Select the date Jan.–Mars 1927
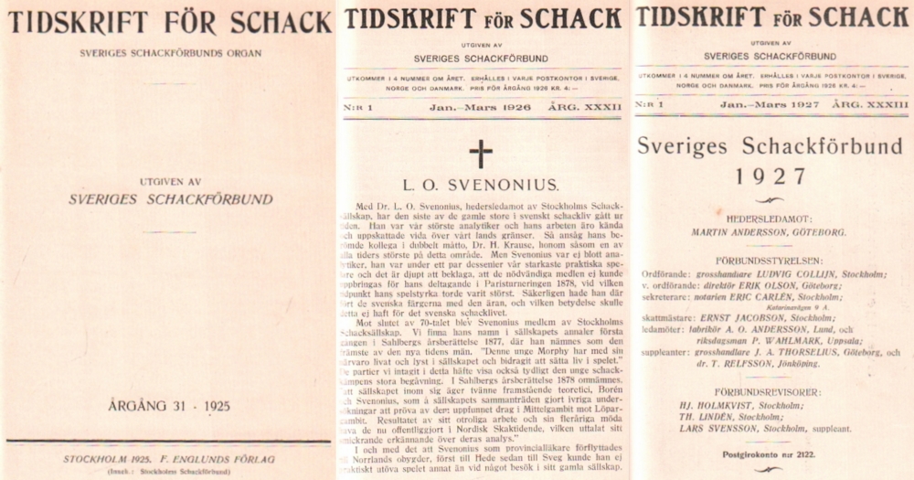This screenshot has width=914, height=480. coord(772,107)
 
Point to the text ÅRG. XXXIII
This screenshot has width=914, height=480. coord(869,107)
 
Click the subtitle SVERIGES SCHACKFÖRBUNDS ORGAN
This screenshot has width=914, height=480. coord(165,47)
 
